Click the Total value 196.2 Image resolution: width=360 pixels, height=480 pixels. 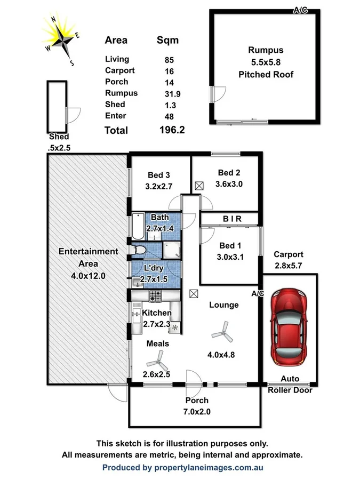(x=172, y=130)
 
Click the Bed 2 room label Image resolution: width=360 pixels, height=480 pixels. (x=230, y=178)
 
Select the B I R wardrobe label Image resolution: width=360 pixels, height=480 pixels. (x=230, y=219)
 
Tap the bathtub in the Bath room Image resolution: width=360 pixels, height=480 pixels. (x=138, y=225)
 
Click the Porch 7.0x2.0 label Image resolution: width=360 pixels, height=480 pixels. (x=196, y=405)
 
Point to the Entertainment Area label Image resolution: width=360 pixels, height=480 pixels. (x=89, y=257)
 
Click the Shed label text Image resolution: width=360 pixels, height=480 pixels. (x=58, y=141)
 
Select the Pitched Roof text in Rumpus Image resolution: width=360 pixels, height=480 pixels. (x=266, y=74)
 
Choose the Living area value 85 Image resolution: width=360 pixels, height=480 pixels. (x=170, y=60)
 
